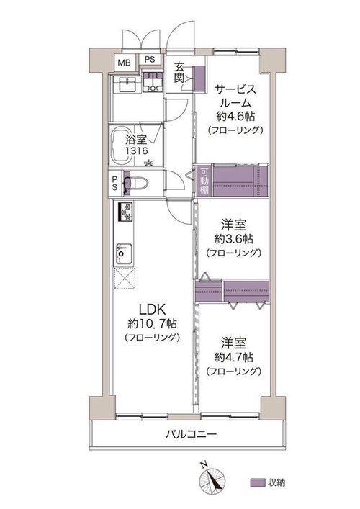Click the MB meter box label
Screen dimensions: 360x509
[124, 63]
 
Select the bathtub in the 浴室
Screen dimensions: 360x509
[121, 145]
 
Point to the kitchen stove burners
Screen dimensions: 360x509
[125, 212]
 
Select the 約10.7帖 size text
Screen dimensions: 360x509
[152, 324]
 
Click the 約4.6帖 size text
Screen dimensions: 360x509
[235, 116]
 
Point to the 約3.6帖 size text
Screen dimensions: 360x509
[234, 239]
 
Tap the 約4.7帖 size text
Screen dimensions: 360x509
[234, 357]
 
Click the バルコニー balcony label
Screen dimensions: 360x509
[191, 434]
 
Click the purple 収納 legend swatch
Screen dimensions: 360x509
[257, 482]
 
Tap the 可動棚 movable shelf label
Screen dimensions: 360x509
[204, 181]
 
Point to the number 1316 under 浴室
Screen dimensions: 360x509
[137, 151]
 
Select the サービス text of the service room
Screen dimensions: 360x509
[235, 89]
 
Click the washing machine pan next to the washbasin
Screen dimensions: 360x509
[153, 82]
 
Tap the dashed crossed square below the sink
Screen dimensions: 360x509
[125, 278]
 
